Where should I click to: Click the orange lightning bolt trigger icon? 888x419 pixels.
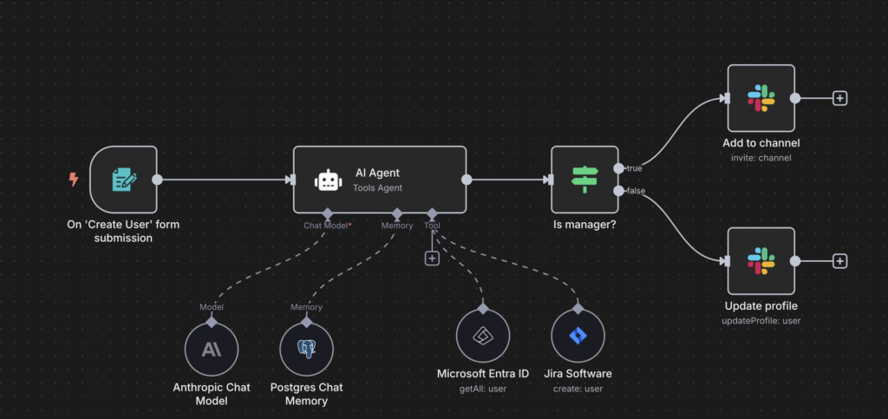click(x=74, y=180)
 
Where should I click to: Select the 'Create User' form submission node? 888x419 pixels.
click(x=123, y=180)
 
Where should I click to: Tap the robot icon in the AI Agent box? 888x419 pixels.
click(x=329, y=180)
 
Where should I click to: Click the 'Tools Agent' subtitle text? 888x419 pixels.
click(x=376, y=187)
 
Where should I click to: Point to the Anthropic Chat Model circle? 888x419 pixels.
click(x=212, y=350)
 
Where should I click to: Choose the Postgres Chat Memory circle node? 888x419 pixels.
click(x=306, y=350)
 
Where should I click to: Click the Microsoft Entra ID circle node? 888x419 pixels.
click(x=483, y=336)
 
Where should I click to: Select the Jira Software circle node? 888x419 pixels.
click(x=578, y=336)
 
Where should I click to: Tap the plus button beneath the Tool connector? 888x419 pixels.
click(x=432, y=259)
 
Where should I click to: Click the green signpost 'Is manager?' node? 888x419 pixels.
click(x=585, y=180)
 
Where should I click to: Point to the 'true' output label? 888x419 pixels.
click(x=634, y=168)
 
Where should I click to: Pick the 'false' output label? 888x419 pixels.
click(x=636, y=191)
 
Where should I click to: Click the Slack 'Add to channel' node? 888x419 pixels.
click(x=761, y=98)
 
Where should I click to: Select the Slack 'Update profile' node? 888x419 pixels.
click(x=761, y=261)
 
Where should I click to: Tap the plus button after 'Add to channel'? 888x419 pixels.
click(x=839, y=99)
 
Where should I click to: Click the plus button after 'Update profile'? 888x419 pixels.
click(x=839, y=261)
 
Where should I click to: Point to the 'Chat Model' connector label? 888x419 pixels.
click(x=326, y=226)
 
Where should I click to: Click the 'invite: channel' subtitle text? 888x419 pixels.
click(x=761, y=158)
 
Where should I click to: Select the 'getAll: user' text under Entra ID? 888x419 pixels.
click(x=483, y=389)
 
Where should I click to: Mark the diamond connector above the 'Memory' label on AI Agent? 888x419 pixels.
click(x=397, y=214)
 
